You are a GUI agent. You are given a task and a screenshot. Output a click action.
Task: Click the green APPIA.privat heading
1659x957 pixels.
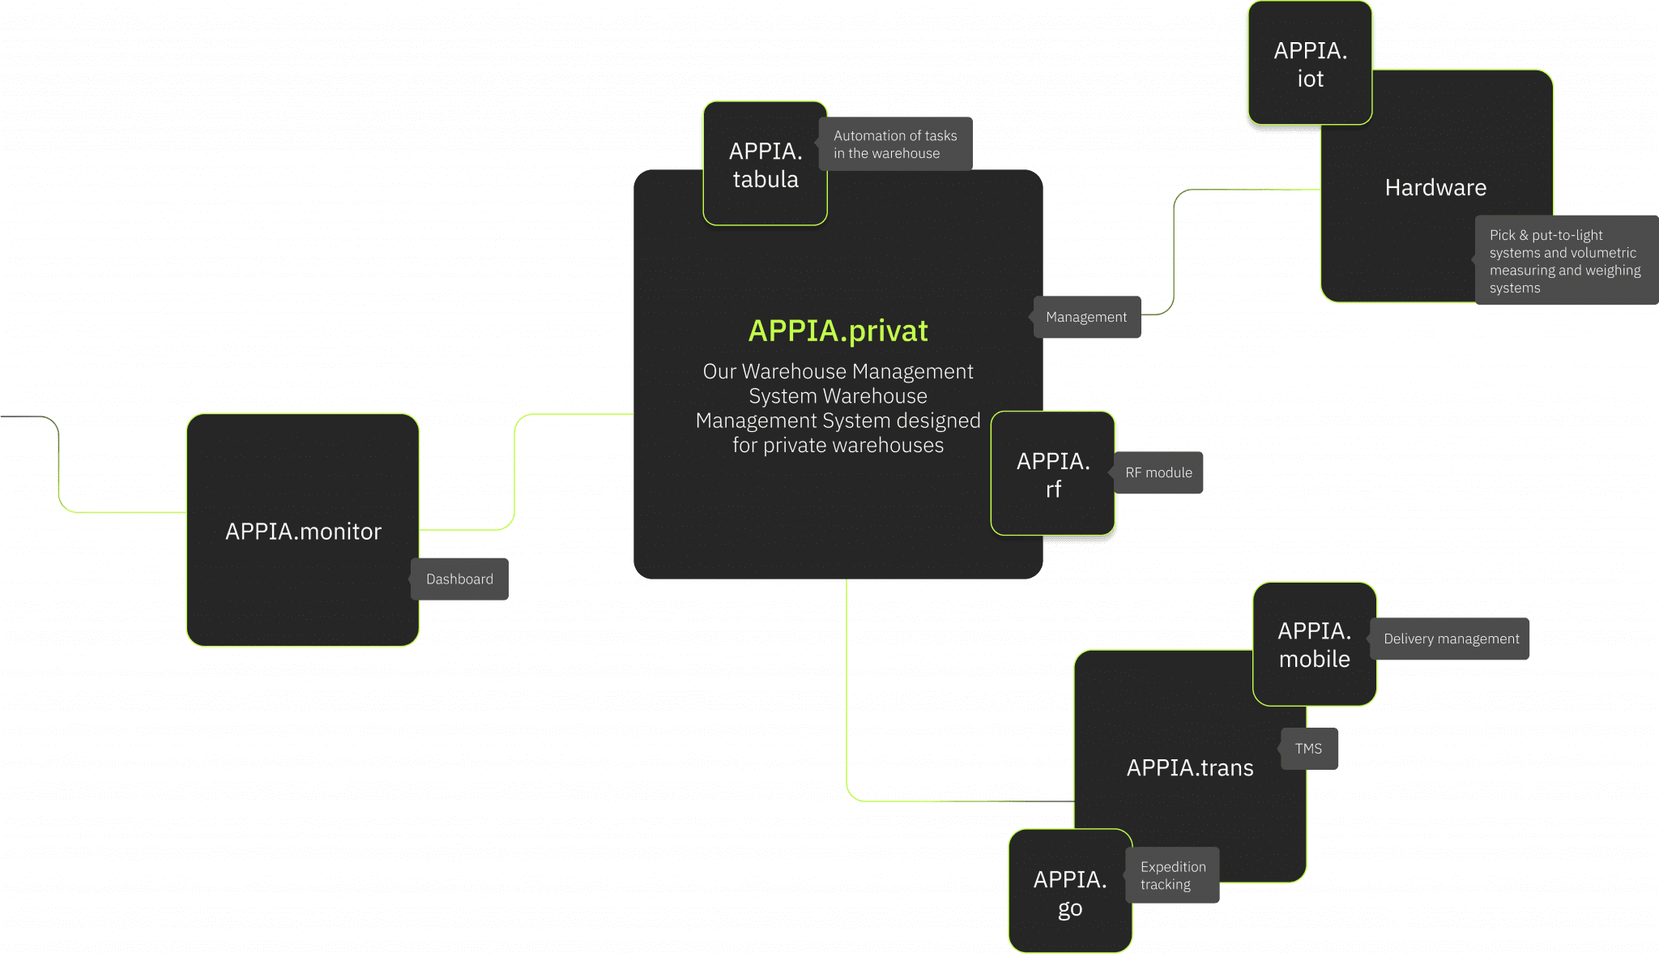838,331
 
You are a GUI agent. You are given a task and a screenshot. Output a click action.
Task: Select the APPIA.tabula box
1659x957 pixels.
765,164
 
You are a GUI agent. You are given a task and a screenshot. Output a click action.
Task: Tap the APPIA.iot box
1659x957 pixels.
1310,64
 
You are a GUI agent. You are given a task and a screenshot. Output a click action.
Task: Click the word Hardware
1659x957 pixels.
1435,188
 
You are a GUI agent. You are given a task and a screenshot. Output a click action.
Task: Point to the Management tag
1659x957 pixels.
1086,317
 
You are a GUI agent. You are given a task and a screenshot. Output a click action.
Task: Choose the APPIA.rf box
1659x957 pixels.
1052,474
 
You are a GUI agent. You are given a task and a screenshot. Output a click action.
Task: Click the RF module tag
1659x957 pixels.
1158,472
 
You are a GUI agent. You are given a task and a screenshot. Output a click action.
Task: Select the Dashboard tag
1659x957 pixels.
459,579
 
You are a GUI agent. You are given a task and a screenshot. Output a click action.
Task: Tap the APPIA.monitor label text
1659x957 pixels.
303,532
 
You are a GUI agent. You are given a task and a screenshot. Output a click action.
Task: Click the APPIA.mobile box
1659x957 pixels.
1314,644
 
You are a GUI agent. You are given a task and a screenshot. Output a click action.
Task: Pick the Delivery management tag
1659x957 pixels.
1451,639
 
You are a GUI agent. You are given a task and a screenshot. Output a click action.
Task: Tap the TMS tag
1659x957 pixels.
1308,749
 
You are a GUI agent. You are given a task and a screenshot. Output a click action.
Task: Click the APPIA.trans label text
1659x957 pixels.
1189,767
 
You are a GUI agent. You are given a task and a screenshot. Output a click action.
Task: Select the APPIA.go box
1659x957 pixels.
1069,892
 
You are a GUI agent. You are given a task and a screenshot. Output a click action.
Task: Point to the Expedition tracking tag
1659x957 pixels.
1172,875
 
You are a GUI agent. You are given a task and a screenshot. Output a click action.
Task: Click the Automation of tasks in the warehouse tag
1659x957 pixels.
894,144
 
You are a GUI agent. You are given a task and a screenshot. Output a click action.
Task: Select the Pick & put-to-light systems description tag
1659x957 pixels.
1564,261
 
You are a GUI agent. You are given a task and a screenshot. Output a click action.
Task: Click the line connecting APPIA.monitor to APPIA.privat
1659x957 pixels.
514,470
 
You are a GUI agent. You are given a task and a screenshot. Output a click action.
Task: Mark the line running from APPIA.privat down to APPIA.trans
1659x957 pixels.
847,689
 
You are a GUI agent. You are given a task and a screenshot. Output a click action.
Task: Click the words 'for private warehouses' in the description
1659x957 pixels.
838,446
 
